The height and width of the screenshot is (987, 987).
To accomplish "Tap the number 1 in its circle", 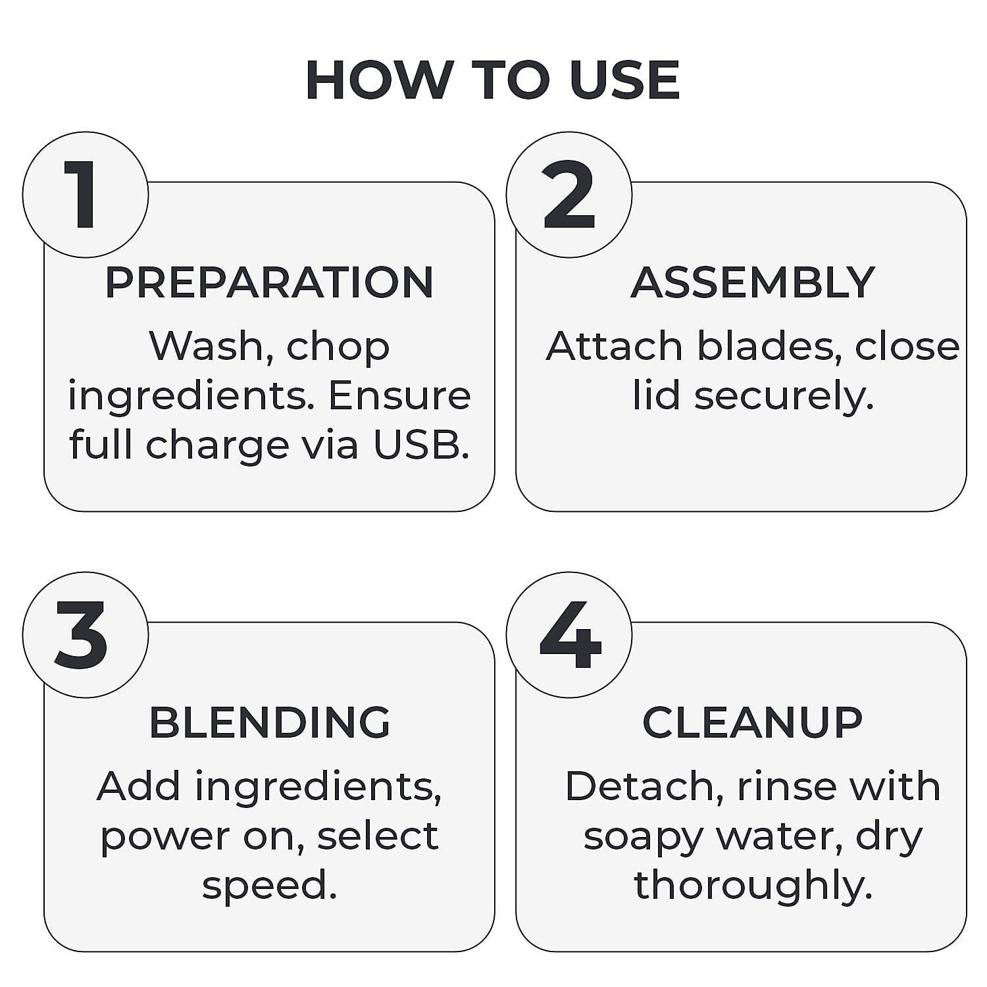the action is (82, 195).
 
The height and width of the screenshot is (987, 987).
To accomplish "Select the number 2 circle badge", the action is (569, 195).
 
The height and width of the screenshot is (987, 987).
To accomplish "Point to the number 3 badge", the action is (86, 635).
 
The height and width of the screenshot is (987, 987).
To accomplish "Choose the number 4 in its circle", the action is (570, 635).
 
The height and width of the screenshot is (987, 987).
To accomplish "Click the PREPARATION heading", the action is (269, 282).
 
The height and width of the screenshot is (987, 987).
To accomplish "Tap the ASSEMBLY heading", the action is (753, 282).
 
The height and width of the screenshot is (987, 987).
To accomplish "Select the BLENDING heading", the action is (270, 722).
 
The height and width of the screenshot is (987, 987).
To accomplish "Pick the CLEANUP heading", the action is (752, 722).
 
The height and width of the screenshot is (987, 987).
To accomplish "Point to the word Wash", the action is (206, 346).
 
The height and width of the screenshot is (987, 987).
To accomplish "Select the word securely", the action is (784, 397).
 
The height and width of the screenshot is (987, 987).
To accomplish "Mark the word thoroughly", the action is (753, 886).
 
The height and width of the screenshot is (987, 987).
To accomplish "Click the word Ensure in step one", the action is (399, 395).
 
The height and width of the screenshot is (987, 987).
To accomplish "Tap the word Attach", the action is (615, 346).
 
